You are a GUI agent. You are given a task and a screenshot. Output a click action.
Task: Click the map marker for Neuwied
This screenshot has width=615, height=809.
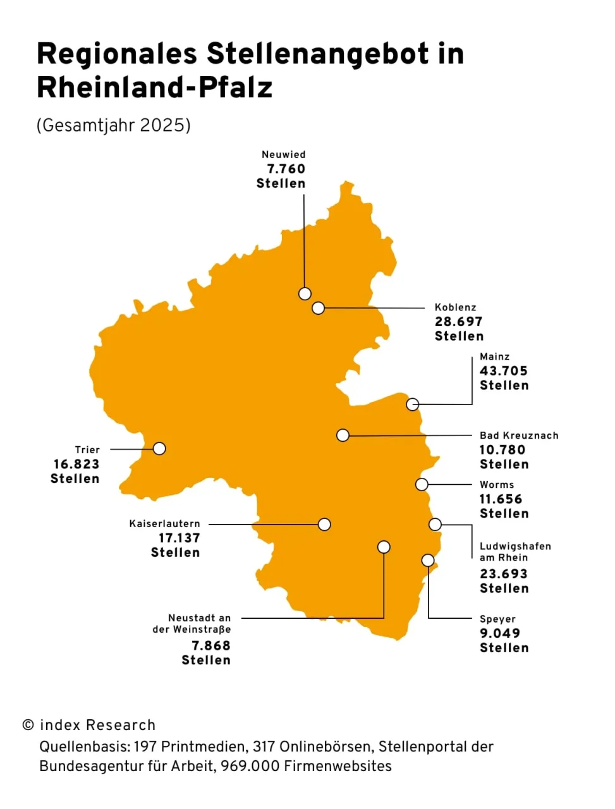coord(305,293)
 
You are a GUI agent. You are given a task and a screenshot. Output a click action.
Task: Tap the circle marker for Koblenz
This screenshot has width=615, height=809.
coord(319,308)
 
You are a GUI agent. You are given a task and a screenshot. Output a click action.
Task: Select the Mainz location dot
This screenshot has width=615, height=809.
coord(413,404)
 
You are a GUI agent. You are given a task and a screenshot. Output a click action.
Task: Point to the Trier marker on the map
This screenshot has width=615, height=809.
coord(159,448)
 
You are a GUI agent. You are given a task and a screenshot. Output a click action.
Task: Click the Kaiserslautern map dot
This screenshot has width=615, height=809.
coord(324,524)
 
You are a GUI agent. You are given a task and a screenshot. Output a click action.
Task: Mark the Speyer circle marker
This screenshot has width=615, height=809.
coord(428,560)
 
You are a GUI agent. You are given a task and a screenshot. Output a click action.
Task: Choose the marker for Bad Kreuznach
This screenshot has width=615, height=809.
coord(343,435)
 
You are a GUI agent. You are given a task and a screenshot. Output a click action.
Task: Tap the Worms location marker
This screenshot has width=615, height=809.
coord(422,484)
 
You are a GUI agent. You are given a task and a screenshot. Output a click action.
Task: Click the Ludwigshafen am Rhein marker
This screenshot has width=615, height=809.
coord(435,524)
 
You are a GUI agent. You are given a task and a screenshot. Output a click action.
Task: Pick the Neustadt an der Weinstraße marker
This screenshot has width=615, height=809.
coord(384,547)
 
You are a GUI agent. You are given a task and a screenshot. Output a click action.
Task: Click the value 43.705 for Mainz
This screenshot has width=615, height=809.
coord(503,371)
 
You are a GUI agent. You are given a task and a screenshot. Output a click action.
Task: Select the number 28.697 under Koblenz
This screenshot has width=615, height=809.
coord(458,322)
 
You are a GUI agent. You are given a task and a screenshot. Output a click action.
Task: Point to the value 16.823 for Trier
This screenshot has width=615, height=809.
coord(76,464)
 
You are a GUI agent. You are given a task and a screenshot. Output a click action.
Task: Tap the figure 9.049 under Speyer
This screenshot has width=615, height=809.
coord(499,633)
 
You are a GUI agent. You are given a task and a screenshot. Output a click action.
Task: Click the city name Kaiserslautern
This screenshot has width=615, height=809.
coord(164,524)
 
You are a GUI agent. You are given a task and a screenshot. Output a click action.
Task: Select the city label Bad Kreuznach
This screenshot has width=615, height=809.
coord(519,435)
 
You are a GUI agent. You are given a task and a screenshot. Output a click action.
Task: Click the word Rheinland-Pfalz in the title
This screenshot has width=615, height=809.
coord(155,88)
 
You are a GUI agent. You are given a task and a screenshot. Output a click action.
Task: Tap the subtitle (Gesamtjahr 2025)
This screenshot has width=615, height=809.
coord(114,125)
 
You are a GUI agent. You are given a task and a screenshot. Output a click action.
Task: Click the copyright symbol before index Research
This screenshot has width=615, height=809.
coord(28,725)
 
